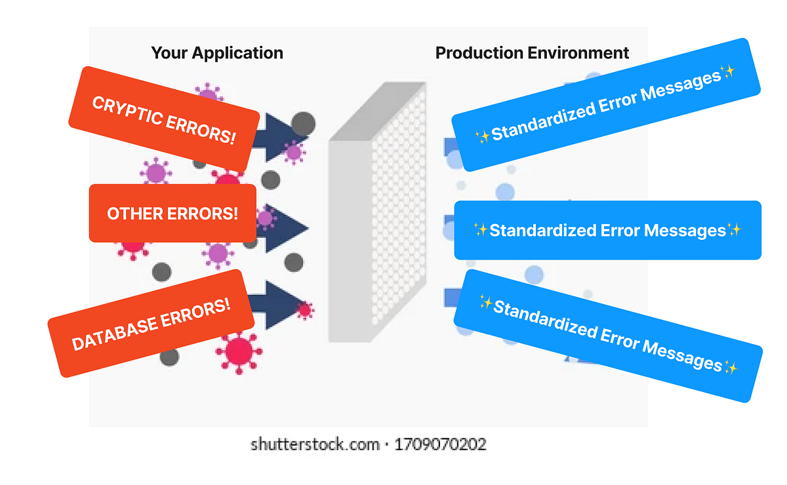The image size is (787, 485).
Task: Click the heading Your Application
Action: pos(217,53)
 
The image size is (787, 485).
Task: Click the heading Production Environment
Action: pos(532,53)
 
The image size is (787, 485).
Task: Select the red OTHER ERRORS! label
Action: pos(172,214)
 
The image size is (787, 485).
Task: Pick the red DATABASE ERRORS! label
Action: pos(151,323)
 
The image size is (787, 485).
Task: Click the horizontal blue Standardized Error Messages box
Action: pos(607,230)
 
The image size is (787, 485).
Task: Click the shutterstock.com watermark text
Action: pos(315,444)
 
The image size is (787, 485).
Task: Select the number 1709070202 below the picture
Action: pos(440,444)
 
